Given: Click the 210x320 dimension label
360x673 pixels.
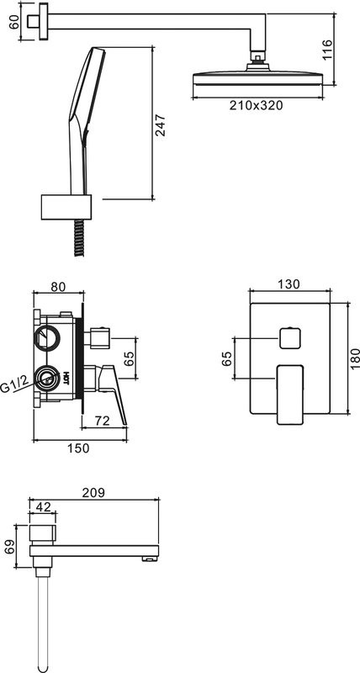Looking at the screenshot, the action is tap(256, 105).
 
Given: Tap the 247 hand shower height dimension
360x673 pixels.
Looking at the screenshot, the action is tap(161, 125).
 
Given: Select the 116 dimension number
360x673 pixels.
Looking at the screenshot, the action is tap(327, 50).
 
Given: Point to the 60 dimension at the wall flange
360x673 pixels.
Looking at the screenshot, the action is tap(13, 23).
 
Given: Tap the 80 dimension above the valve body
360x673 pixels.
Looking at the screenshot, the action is tap(58, 287).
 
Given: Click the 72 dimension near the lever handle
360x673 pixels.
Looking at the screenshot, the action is tap(102, 421).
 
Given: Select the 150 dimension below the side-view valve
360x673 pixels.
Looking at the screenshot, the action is tap(78, 448).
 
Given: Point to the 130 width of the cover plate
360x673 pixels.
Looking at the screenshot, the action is tap(289, 284).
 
